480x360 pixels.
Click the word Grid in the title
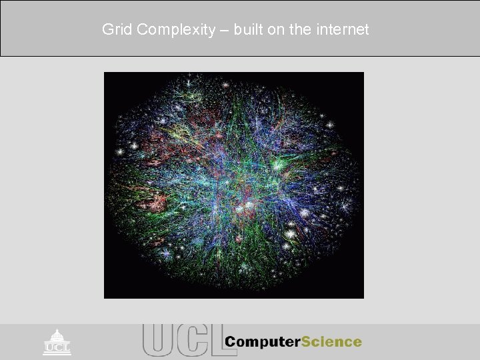pos(115,29)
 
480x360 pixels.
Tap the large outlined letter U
pos(157,339)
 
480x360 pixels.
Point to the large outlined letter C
pos(189,339)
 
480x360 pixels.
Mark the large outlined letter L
pos(212,339)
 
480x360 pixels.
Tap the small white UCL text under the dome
pos(57,348)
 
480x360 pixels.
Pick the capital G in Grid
pos(107,29)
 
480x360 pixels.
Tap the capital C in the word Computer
pos(230,341)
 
